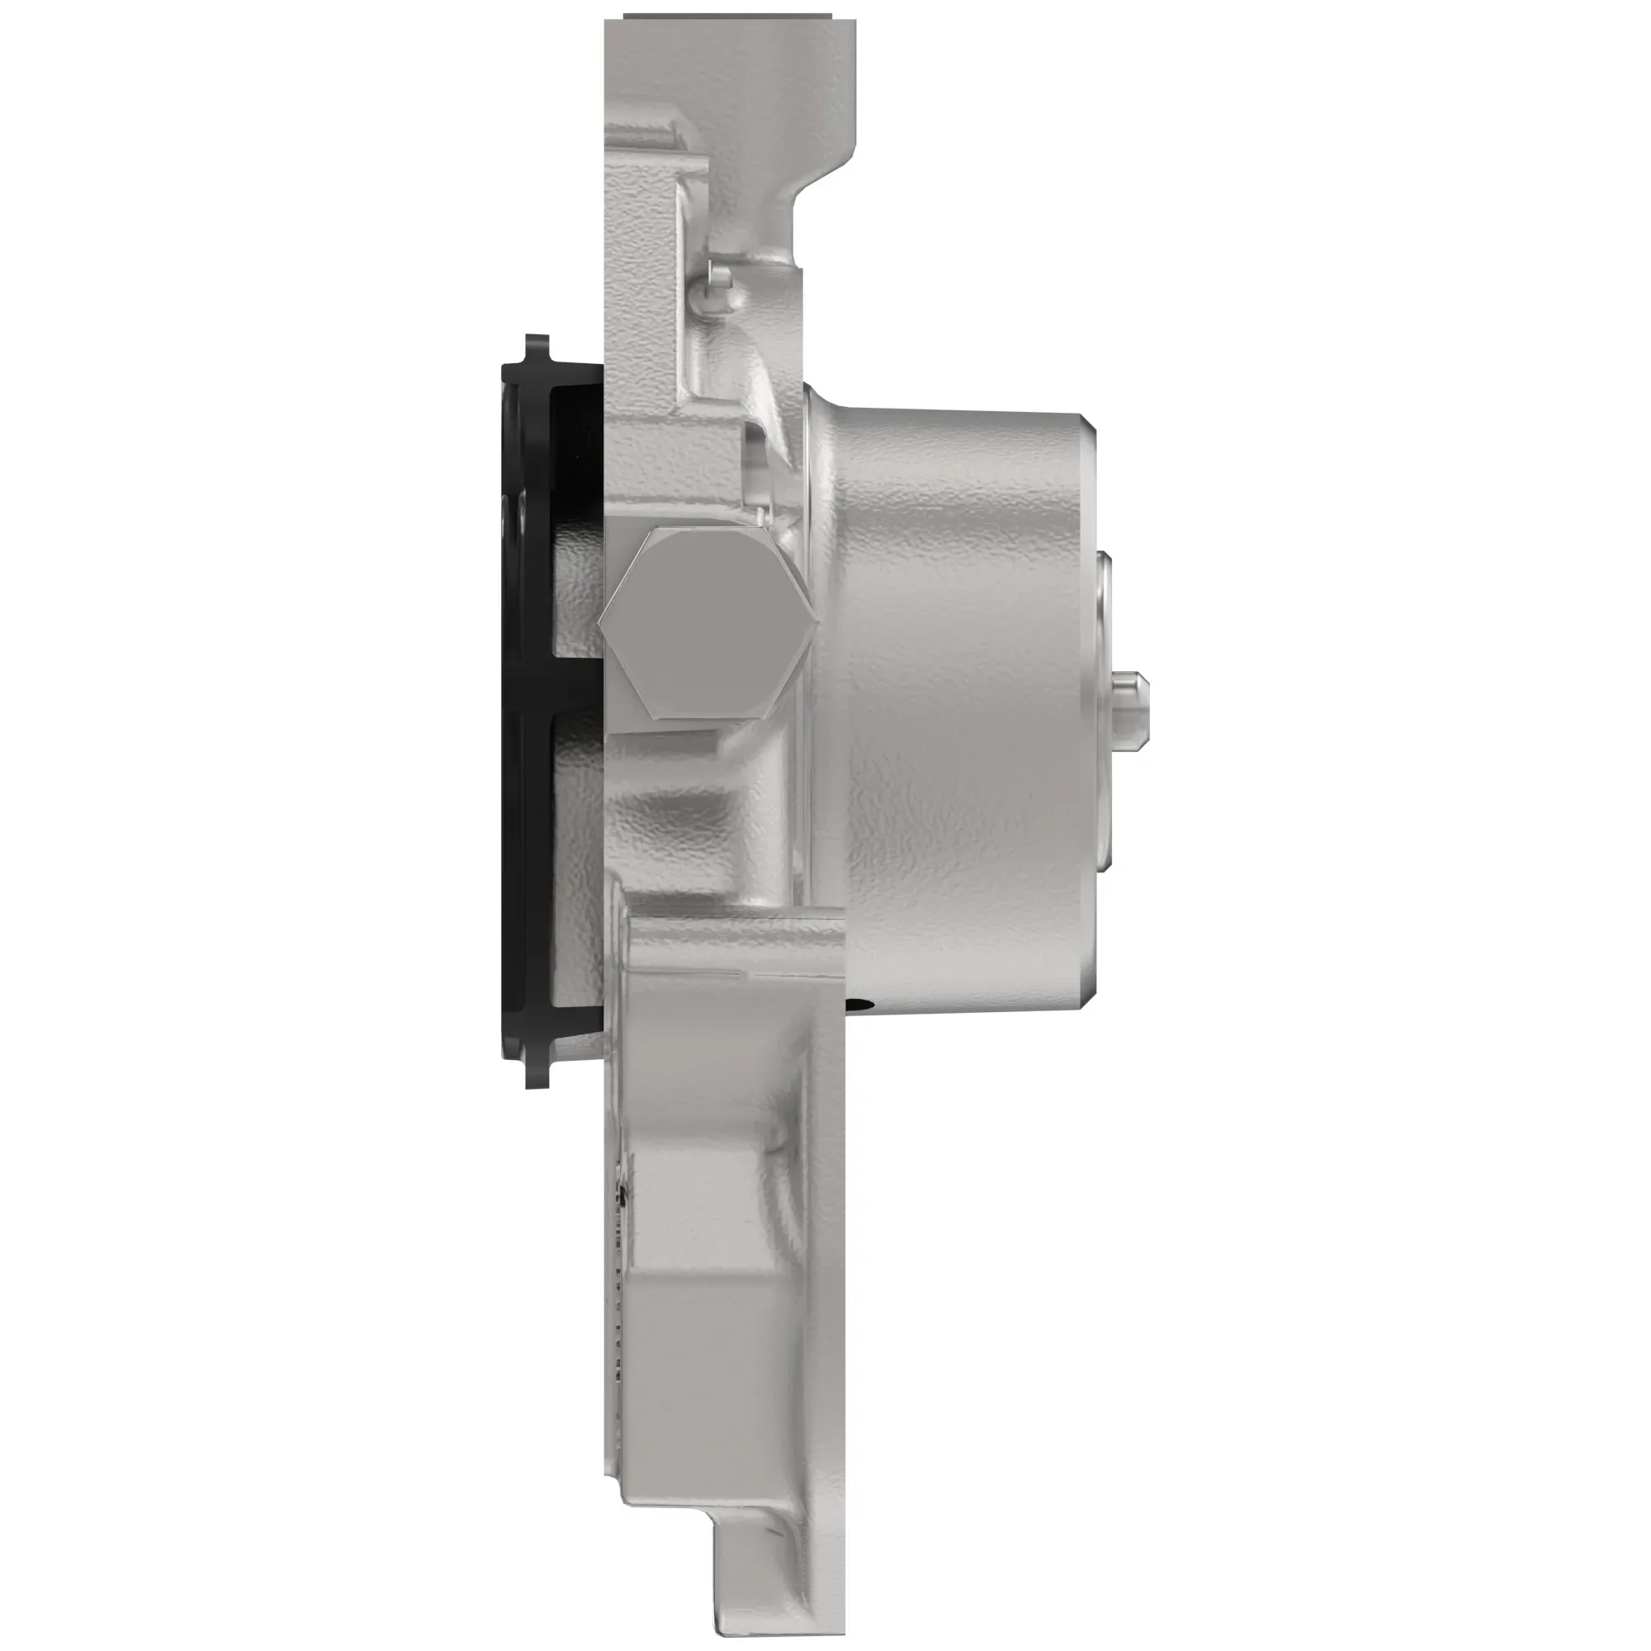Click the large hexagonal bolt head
coord(707,623)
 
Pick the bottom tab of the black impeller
coord(536,1072)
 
